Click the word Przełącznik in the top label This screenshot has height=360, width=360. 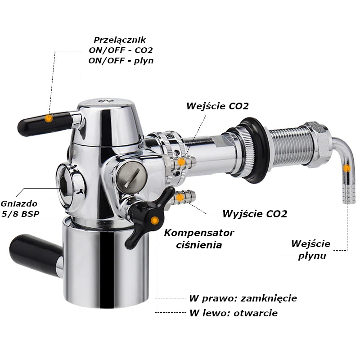[x=120, y=40]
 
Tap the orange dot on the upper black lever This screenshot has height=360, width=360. [x=49, y=118]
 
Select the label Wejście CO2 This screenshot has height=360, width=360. [x=217, y=106]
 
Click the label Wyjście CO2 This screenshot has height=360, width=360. [x=255, y=214]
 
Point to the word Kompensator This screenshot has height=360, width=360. [x=199, y=233]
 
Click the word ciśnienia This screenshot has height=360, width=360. [x=199, y=245]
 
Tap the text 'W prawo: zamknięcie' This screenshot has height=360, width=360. [x=243, y=298]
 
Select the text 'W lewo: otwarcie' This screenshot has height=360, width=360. [x=234, y=313]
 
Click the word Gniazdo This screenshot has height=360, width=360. [x=19, y=204]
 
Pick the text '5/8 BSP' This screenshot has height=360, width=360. [x=20, y=214]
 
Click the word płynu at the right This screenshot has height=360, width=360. [x=312, y=256]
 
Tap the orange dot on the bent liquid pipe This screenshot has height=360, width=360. [x=347, y=168]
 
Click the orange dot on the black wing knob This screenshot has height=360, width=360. [x=155, y=220]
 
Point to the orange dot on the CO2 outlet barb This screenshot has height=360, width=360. [x=180, y=197]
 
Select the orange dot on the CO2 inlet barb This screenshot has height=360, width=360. [x=182, y=162]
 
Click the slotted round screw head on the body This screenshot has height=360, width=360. [x=131, y=177]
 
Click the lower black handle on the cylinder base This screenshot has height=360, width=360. [x=36, y=255]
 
